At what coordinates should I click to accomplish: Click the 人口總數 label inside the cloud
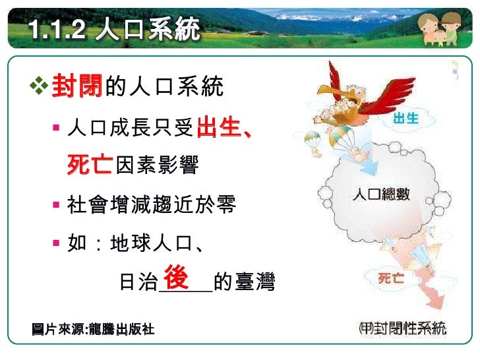pos(381,195)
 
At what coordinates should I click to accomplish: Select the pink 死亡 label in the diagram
pos(391,278)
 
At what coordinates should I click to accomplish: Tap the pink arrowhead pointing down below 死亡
pos(432,305)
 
